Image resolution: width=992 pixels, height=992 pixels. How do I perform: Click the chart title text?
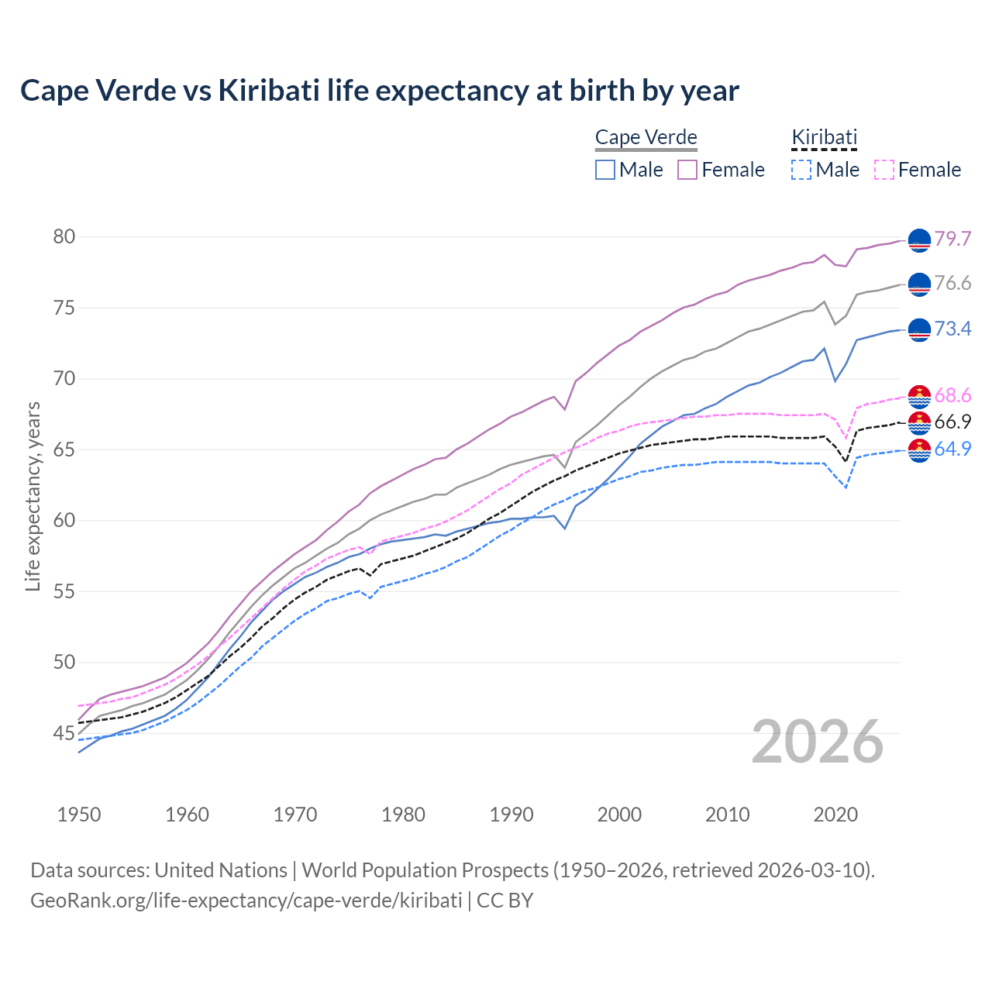pos(380,91)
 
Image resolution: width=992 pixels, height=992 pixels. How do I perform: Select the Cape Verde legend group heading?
pos(646,138)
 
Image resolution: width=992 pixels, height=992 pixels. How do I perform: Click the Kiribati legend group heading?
pos(824,138)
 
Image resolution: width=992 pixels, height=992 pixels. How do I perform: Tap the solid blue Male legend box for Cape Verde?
pos(605,170)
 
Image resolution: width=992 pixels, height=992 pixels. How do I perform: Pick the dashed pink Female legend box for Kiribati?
pos(884,170)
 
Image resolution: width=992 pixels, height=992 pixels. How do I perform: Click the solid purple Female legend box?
pos(687,170)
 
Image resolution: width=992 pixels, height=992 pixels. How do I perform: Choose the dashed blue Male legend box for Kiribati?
pos(802,170)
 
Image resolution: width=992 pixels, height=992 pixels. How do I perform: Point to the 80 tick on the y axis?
pos(64,237)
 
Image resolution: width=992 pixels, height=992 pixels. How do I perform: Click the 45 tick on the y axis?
pos(64,733)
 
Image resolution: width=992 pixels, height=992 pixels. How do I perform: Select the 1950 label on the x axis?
pos(79,815)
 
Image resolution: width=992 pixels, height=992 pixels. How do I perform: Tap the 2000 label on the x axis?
pos(619,815)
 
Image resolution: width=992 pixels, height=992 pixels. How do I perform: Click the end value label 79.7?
pos(952,239)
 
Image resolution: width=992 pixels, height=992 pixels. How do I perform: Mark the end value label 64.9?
pos(952,449)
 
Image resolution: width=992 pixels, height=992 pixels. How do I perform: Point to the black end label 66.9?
pos(952,422)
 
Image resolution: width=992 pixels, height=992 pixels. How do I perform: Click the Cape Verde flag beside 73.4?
pos(919,329)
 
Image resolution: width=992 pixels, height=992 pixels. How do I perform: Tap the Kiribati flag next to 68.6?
pos(919,396)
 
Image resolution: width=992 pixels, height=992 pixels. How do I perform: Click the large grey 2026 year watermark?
pos(818,742)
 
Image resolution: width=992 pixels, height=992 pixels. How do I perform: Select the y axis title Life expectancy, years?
pos(33,496)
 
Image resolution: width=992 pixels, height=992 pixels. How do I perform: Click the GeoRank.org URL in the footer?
pos(246,901)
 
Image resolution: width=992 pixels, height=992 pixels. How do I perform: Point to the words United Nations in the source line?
pos(221,870)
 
